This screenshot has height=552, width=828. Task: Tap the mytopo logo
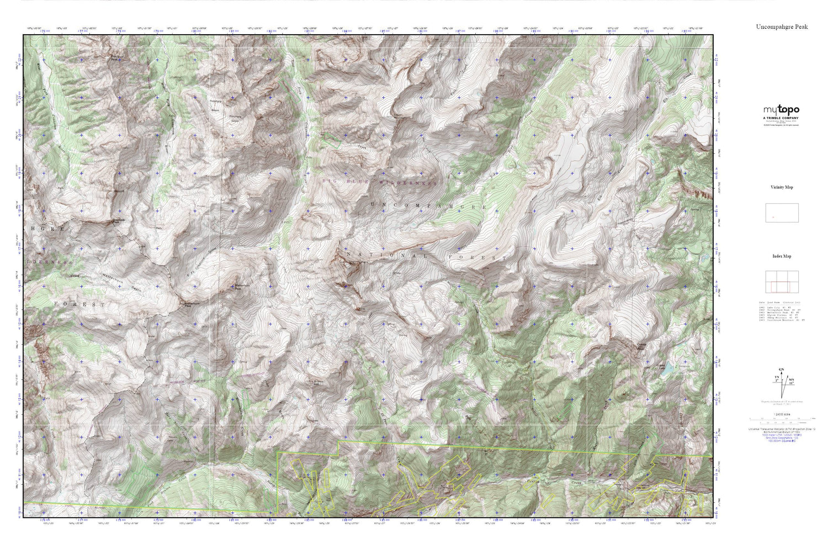pos(781,110)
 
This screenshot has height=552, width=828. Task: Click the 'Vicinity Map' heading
pos(782,187)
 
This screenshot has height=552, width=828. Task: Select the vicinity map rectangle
pos(782,213)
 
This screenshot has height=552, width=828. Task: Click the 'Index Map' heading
pos(782,256)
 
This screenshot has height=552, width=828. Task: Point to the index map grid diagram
pos(782,282)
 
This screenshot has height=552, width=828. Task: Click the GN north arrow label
pos(781,369)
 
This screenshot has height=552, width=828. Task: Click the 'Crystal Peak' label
pos(641,346)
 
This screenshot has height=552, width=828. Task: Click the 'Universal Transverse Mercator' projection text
pos(781,429)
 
